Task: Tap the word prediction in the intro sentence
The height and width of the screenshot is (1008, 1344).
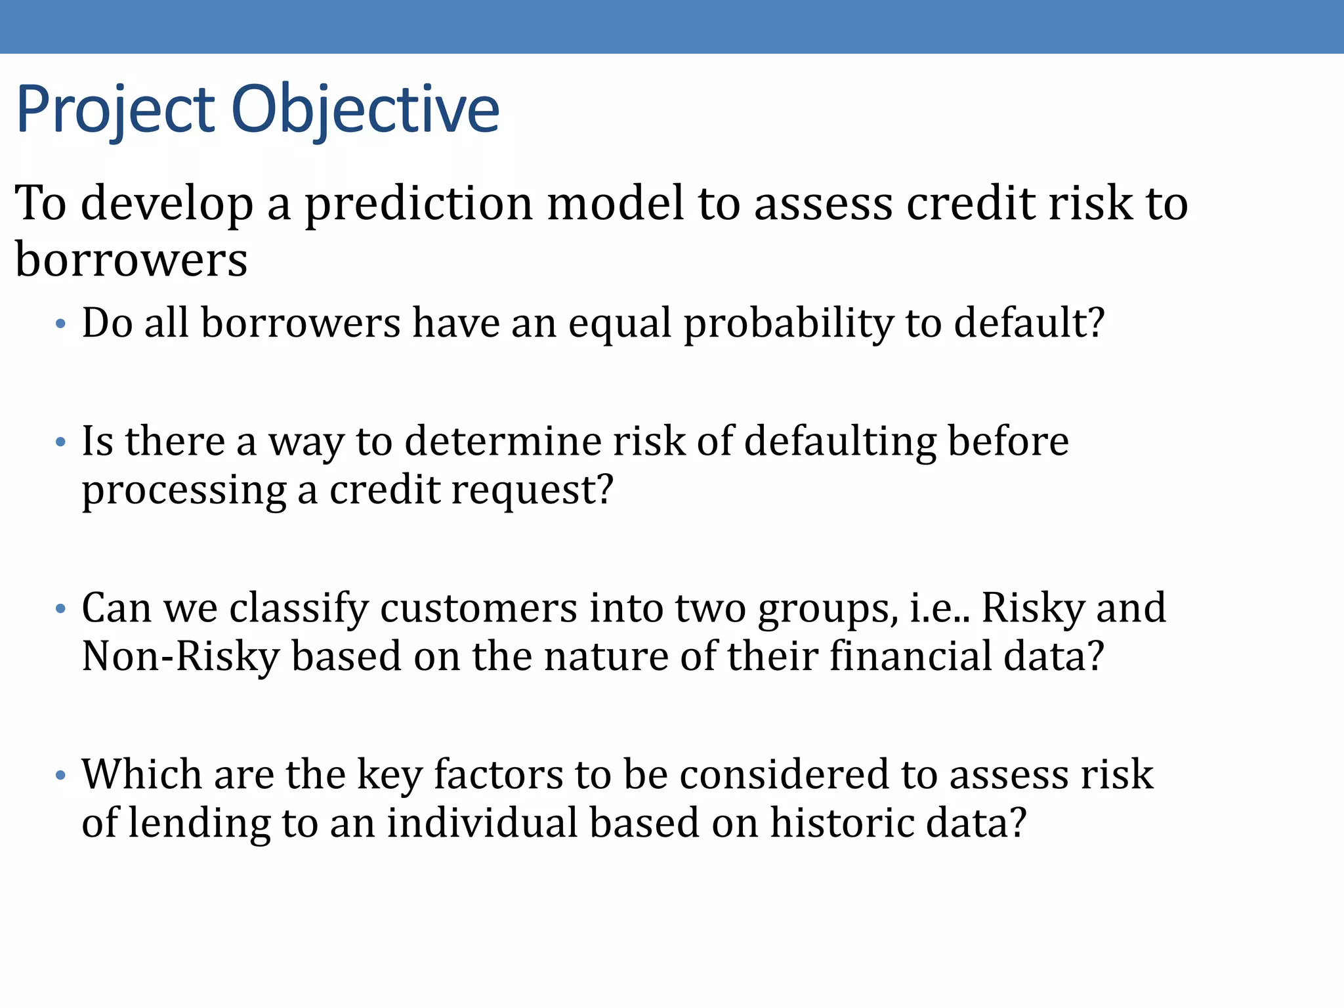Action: pos(419,203)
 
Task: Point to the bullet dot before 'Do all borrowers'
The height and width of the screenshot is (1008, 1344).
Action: pos(61,324)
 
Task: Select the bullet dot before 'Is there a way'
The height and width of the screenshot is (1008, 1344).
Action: pos(61,442)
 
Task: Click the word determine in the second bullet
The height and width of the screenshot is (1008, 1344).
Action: pos(503,441)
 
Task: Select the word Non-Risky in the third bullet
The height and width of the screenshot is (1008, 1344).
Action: pos(181,657)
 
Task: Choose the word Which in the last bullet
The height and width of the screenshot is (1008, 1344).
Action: pos(141,775)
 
